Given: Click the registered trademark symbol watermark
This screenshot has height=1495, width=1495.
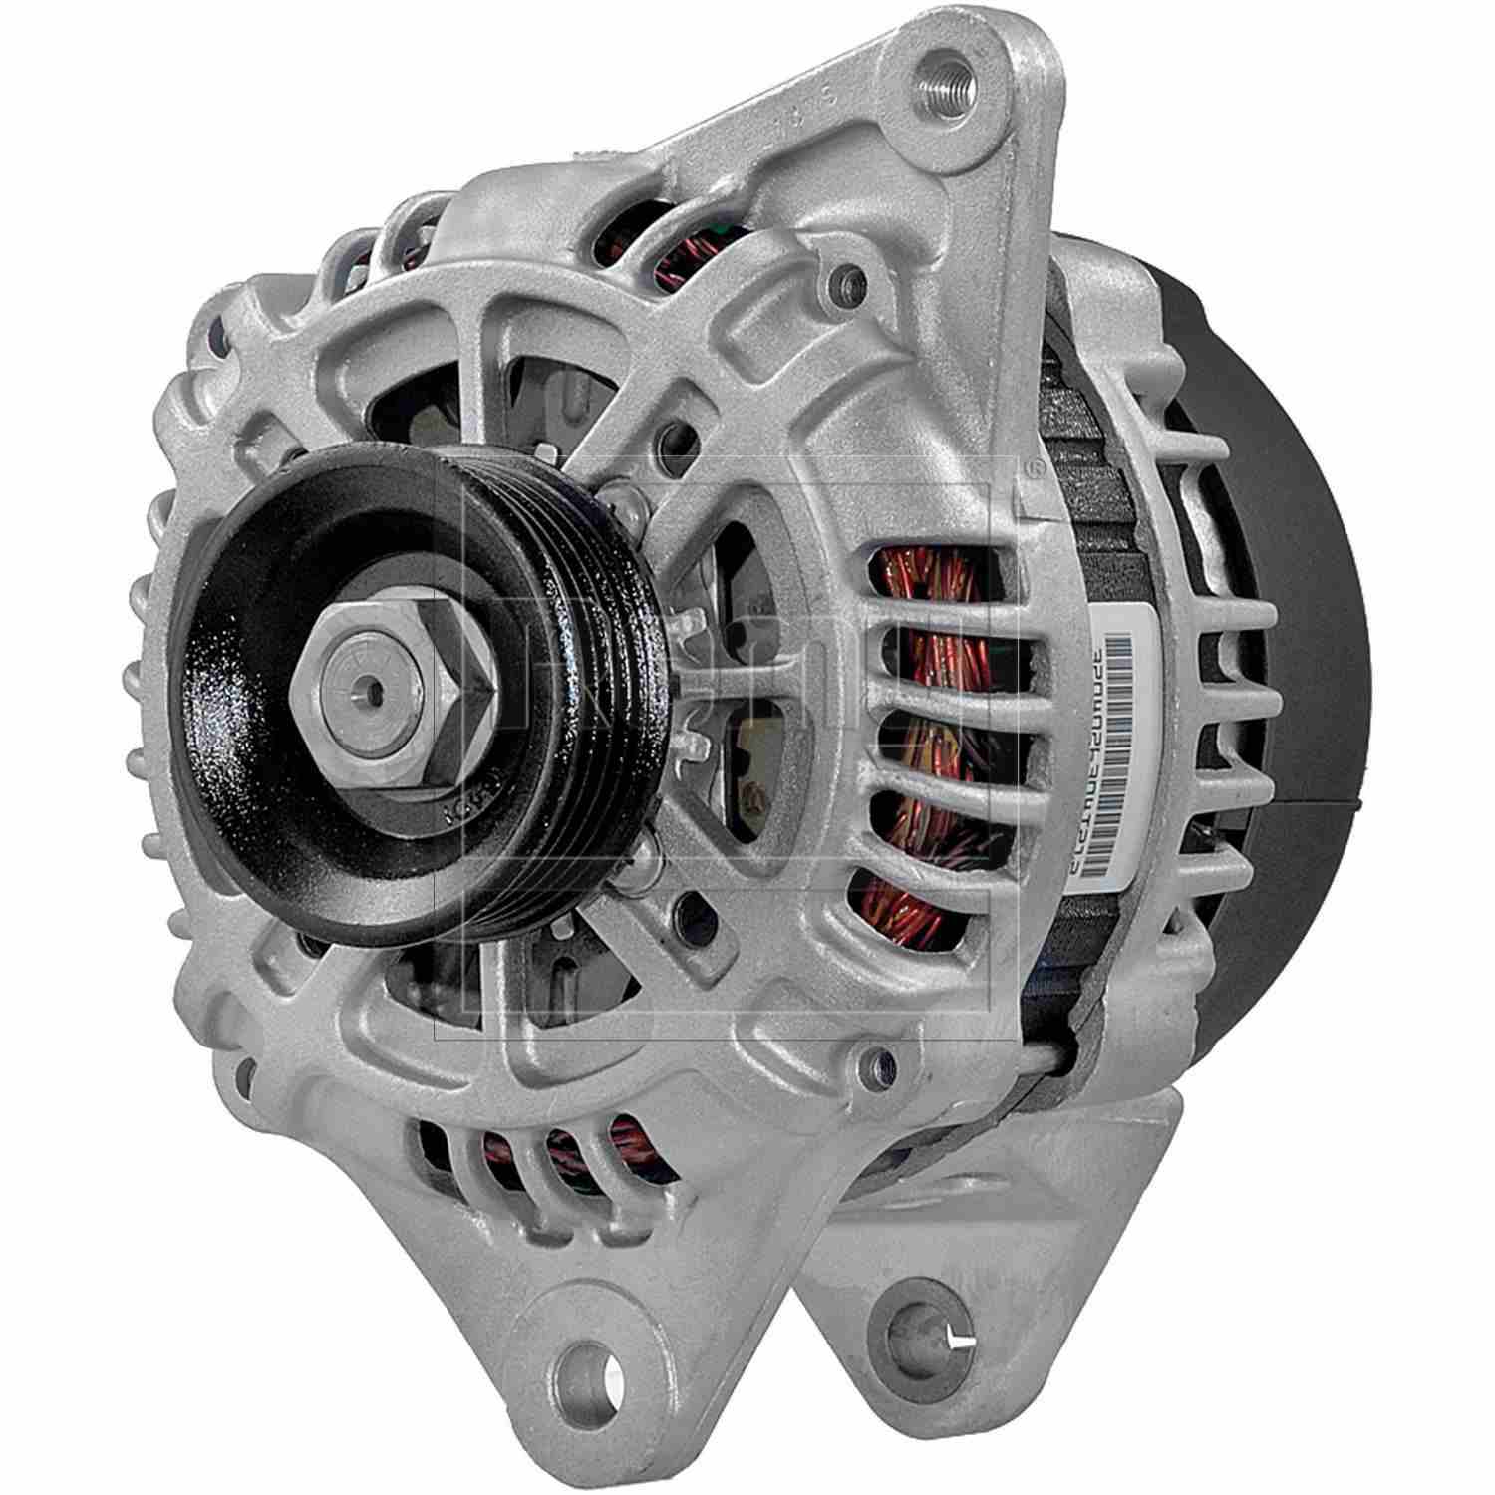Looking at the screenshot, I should click(1035, 467).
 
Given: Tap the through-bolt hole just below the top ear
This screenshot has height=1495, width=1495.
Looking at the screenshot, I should click(850, 276).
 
